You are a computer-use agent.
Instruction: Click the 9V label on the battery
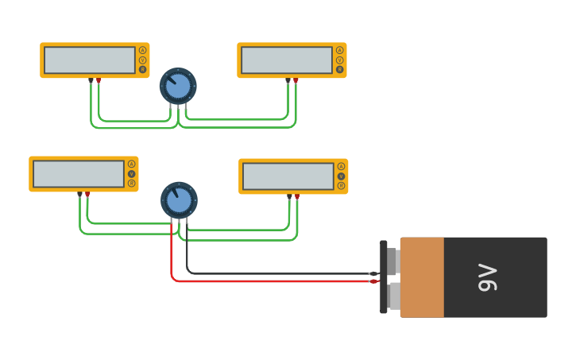[x=487, y=278]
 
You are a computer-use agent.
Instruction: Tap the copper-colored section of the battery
[x=422, y=277]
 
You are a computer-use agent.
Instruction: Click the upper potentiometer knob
[x=178, y=86]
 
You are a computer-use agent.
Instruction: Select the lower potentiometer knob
[x=180, y=200]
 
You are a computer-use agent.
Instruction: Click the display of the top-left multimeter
[x=90, y=60]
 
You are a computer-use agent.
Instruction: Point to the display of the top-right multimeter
[x=287, y=60]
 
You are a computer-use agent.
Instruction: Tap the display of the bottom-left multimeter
[x=79, y=174]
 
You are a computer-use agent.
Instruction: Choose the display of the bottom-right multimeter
[x=288, y=176]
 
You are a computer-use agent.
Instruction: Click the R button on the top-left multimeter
[x=142, y=70]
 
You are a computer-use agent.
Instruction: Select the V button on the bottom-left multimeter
[x=131, y=174]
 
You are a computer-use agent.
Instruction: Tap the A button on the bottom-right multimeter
[x=341, y=167]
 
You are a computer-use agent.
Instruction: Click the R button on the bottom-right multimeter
[x=341, y=186]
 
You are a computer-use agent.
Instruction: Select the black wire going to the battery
[x=278, y=273]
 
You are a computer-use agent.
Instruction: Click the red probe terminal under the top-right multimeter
[x=296, y=80]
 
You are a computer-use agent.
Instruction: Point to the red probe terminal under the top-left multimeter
[x=99, y=80]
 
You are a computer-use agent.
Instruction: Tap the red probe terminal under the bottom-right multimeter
[x=297, y=196]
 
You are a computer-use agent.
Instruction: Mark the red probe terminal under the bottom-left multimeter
[x=87, y=194]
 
